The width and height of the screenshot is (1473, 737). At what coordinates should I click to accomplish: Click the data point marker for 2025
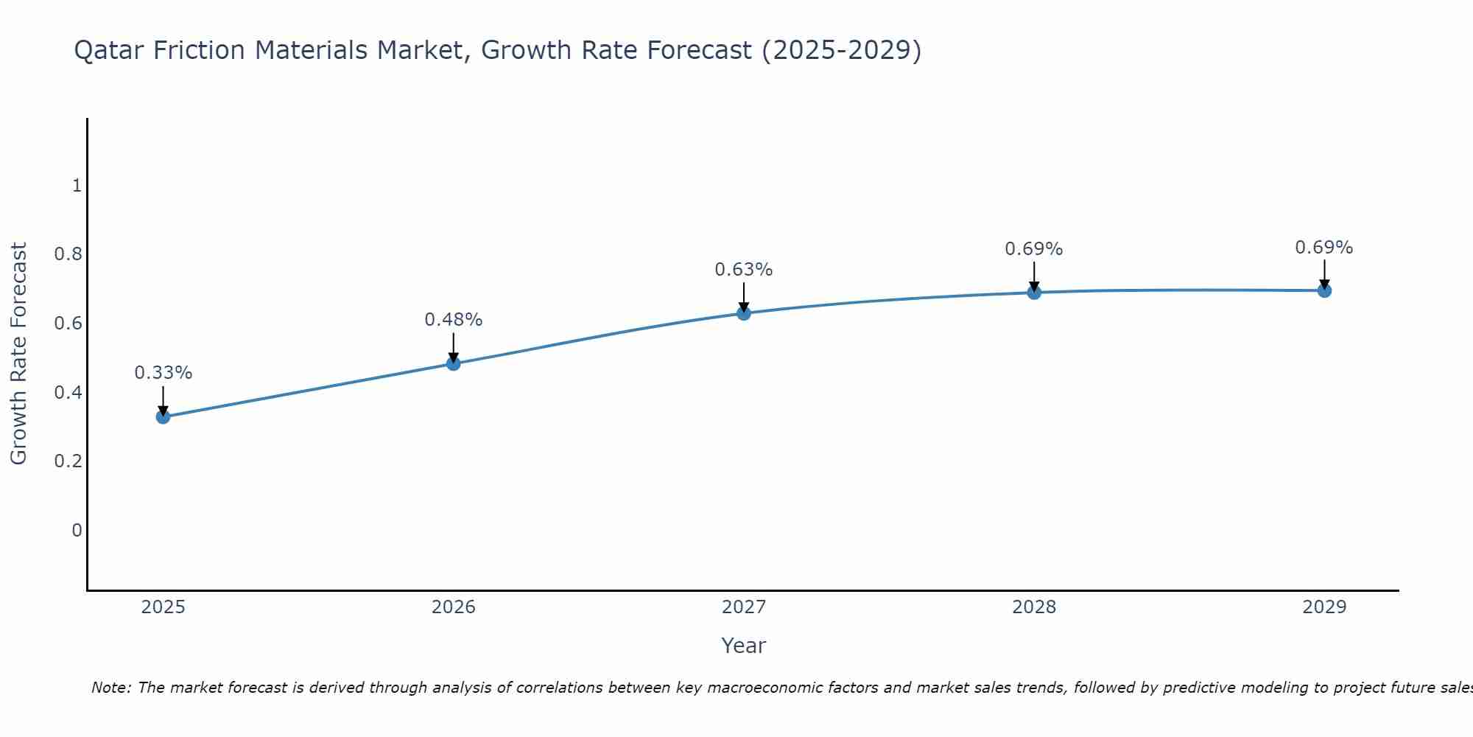[x=163, y=417]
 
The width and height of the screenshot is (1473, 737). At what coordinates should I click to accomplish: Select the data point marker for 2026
[x=454, y=363]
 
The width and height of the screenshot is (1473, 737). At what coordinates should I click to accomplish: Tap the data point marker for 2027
[x=744, y=313]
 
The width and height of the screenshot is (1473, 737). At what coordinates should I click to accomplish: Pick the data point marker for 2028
[x=1034, y=293]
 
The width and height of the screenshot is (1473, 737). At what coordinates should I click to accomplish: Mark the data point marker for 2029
[x=1324, y=290]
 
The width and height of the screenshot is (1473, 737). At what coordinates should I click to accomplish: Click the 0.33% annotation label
[x=163, y=373]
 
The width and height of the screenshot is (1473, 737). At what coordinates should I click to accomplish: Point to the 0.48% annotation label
[x=454, y=320]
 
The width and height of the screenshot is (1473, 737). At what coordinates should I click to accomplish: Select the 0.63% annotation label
[x=744, y=270]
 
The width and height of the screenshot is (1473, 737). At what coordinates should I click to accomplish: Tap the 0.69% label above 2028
[x=1034, y=249]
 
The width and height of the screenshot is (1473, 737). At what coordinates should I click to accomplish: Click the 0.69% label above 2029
[x=1324, y=248]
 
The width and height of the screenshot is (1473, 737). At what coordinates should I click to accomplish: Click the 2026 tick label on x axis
[x=454, y=607]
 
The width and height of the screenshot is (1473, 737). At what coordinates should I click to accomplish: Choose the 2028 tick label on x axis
[x=1034, y=607]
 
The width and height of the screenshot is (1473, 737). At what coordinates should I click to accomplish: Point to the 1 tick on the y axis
[x=77, y=186]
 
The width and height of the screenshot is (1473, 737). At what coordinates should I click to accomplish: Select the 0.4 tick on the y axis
[x=68, y=393]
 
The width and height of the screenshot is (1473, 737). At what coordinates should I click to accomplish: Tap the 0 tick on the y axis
[x=77, y=531]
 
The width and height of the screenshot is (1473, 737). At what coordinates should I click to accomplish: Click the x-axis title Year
[x=744, y=646]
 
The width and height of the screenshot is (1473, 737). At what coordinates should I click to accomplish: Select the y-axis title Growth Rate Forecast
[x=18, y=354]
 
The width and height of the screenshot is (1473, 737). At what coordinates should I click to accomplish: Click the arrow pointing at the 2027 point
[x=744, y=296]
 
